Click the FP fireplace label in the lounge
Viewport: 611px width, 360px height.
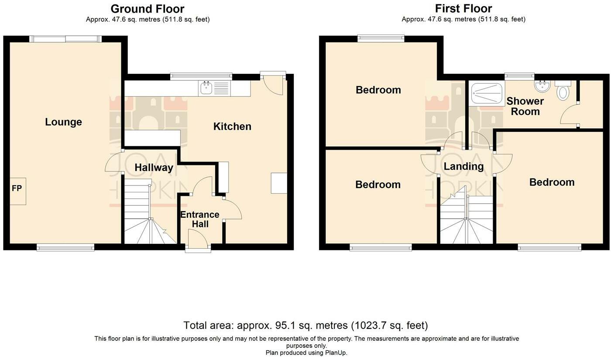coord(17,188)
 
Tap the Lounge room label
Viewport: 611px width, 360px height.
coord(64,122)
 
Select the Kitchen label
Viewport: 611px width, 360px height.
coord(232,126)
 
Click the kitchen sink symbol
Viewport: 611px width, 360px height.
coord(206,88)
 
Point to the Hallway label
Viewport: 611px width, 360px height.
coord(154,168)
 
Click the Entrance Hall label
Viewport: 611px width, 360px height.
coord(200,219)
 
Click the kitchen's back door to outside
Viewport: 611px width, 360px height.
coord(273,83)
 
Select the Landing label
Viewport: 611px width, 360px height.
coord(463,166)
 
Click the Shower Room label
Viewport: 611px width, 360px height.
coord(525,106)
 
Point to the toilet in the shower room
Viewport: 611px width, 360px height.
coord(563,91)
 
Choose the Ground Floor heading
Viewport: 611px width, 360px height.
coord(148,9)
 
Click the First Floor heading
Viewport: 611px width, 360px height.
coord(463,9)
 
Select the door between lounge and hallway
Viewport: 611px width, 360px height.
coord(114,161)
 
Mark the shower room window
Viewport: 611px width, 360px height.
coord(519,76)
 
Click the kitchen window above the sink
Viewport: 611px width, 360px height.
coord(201,76)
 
